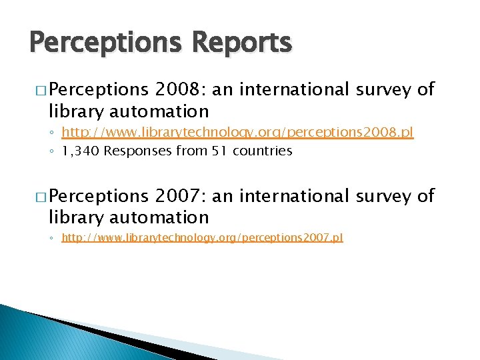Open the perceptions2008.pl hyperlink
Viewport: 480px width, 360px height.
(237, 133)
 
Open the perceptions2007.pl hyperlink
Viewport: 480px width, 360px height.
(202, 237)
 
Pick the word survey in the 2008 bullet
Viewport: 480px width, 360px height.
(386, 89)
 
